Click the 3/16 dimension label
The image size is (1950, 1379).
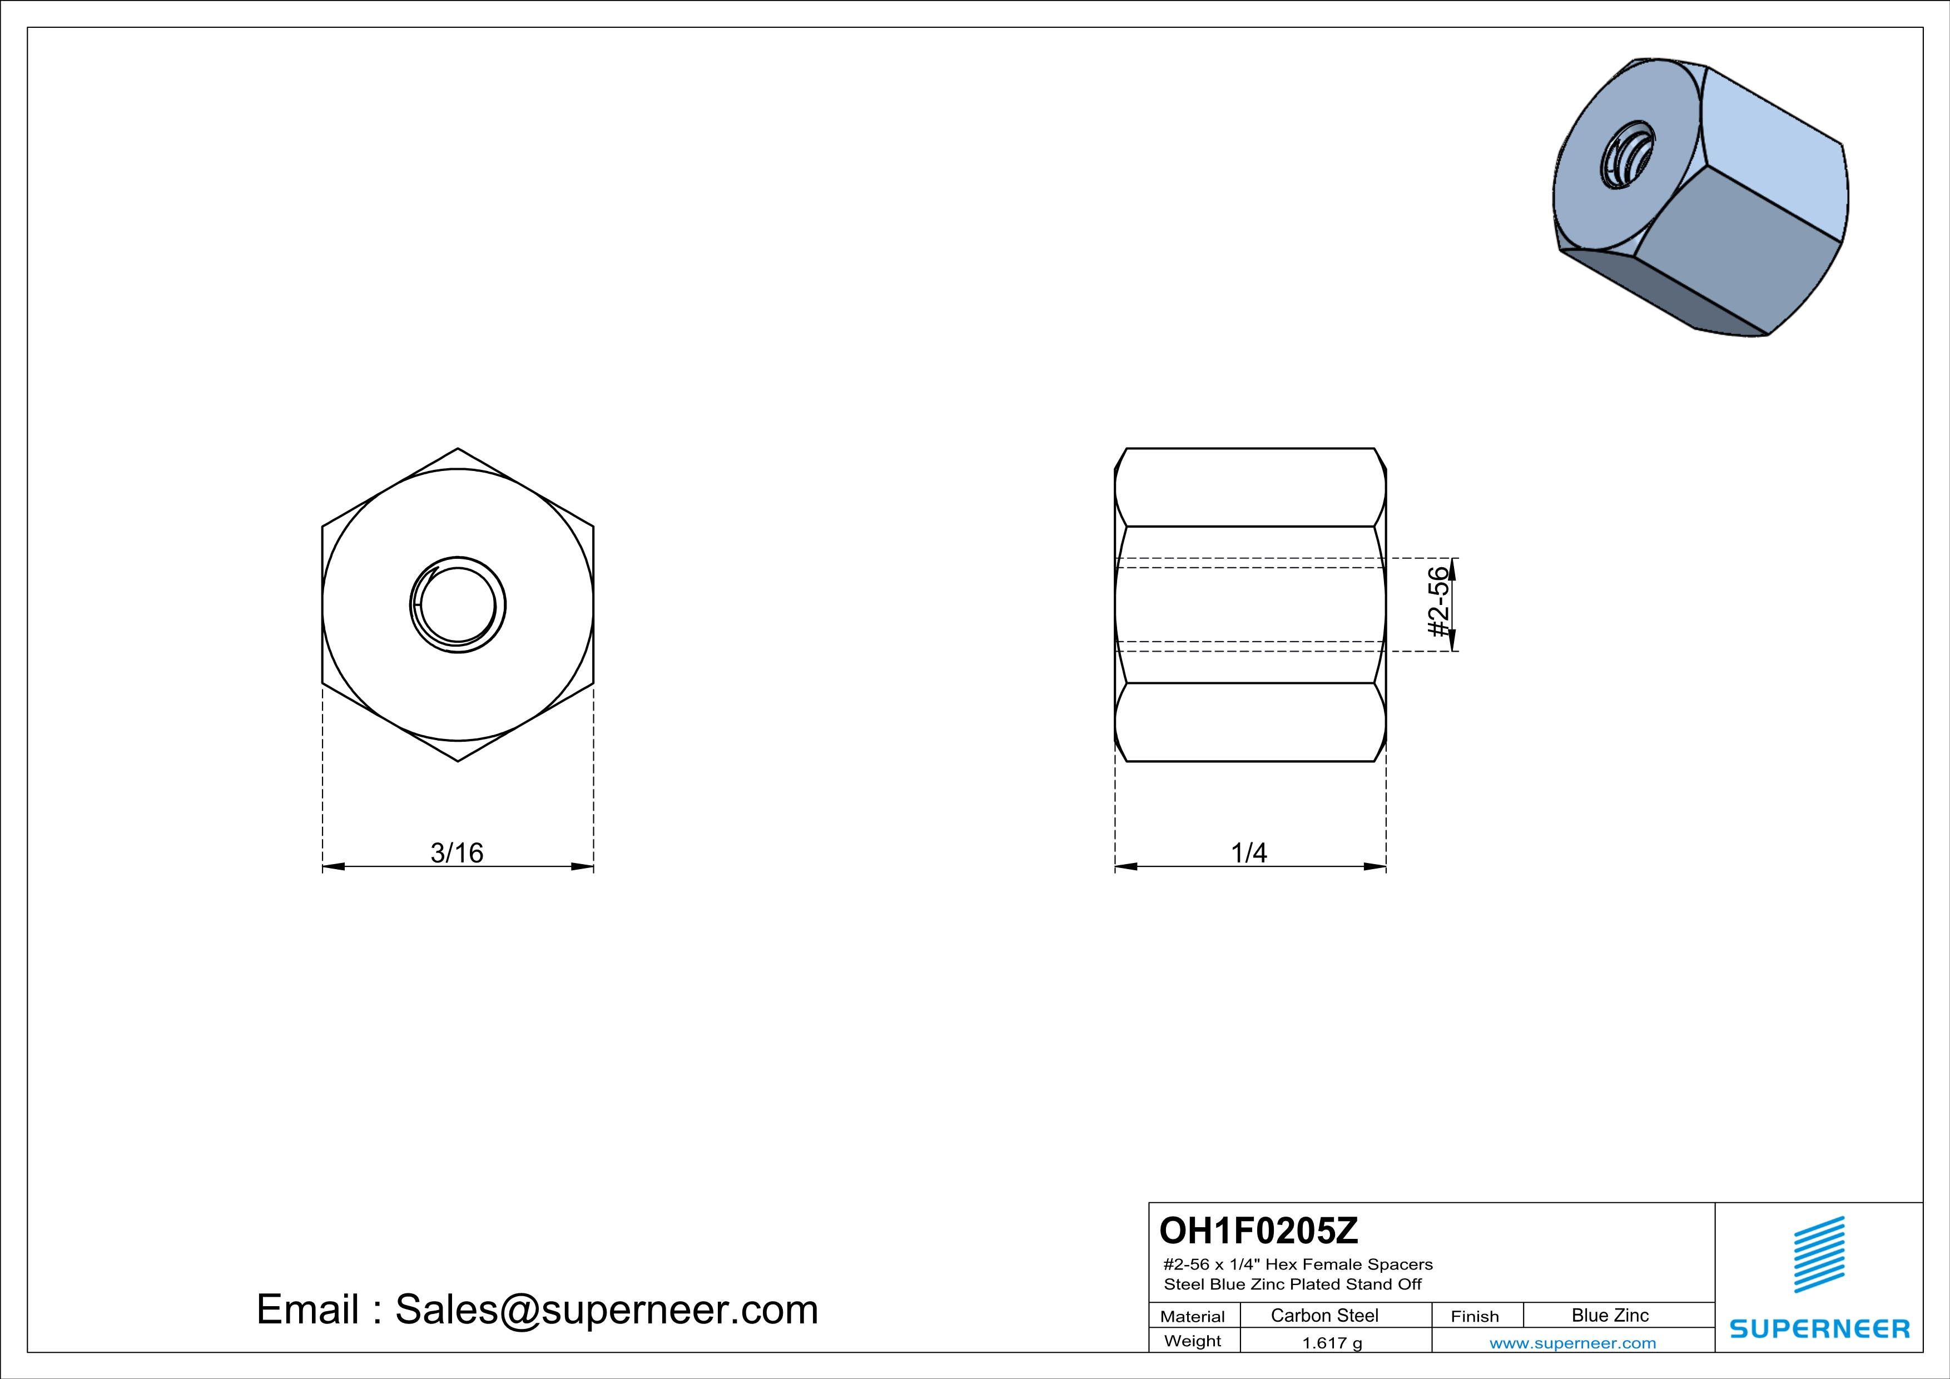(457, 852)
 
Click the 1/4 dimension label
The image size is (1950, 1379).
(1249, 852)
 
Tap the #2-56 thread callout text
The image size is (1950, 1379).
(1437, 603)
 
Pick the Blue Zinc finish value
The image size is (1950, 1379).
(1609, 1315)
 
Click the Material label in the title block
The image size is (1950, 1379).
(1193, 1316)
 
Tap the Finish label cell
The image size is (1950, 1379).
(1475, 1316)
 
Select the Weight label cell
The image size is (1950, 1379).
(1193, 1341)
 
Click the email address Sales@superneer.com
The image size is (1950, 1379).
(607, 1309)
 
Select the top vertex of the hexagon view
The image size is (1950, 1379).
(458, 449)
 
